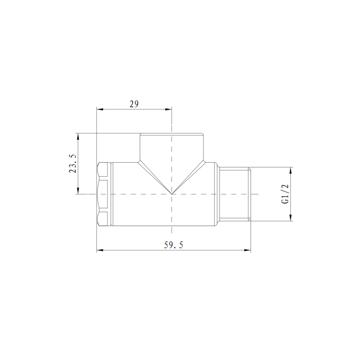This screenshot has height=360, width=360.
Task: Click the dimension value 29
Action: [134, 104]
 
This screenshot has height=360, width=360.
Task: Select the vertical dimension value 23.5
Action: [72, 164]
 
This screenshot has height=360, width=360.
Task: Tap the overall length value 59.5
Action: [173, 245]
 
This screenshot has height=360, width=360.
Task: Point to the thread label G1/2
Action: [285, 194]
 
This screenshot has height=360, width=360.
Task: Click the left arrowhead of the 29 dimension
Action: [99, 109]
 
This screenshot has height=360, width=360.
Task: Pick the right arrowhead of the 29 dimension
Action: [169, 109]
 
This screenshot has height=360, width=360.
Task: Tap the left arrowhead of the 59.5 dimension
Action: [99, 250]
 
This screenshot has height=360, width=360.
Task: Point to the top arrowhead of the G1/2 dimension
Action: [290, 170]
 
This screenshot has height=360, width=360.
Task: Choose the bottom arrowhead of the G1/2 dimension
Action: [290, 218]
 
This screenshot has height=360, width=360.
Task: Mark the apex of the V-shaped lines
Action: [172, 194]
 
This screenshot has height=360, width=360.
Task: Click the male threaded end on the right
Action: [235, 194]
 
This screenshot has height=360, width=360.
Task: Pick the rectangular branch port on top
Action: [172, 147]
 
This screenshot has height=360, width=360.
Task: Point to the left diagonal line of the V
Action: [155, 178]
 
